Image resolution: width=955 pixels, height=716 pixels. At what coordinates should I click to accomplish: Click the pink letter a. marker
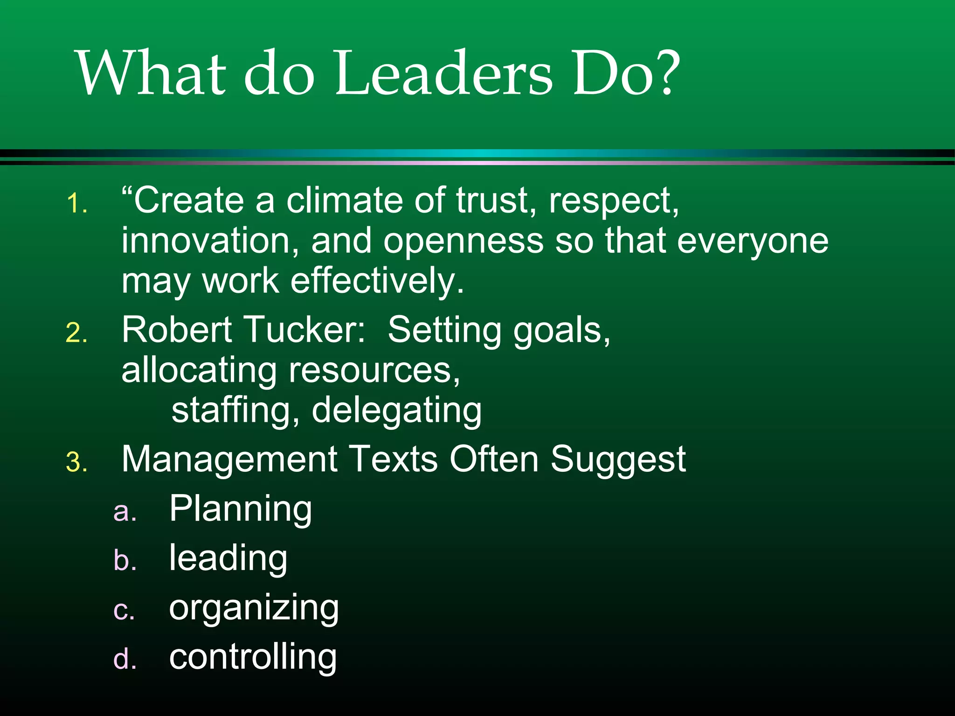[125, 512]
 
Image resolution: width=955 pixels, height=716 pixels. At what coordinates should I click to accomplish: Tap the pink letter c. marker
[124, 611]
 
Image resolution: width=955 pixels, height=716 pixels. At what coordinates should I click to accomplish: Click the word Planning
[240, 509]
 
